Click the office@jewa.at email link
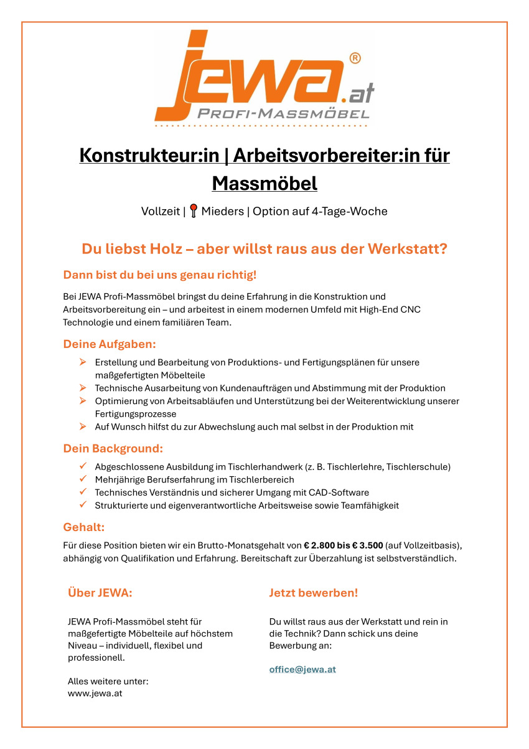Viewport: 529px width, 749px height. tap(302, 669)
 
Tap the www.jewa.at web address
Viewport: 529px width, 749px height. tap(95, 693)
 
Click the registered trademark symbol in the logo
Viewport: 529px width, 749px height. tap(355, 59)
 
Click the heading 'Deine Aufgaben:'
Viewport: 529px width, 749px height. tap(110, 344)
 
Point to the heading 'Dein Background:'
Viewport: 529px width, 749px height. tap(113, 448)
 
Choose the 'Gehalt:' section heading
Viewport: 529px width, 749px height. tap(83, 527)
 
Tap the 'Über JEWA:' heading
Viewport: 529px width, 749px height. tap(100, 593)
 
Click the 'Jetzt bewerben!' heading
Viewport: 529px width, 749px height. tap(314, 593)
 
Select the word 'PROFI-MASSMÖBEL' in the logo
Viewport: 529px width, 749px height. tap(283, 114)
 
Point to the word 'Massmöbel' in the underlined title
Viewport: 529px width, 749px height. tap(264, 184)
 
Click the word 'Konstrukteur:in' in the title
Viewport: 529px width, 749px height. tap(149, 155)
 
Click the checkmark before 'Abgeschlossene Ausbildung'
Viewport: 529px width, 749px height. tap(82, 466)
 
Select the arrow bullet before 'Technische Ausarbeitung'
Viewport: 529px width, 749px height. tap(82, 387)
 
